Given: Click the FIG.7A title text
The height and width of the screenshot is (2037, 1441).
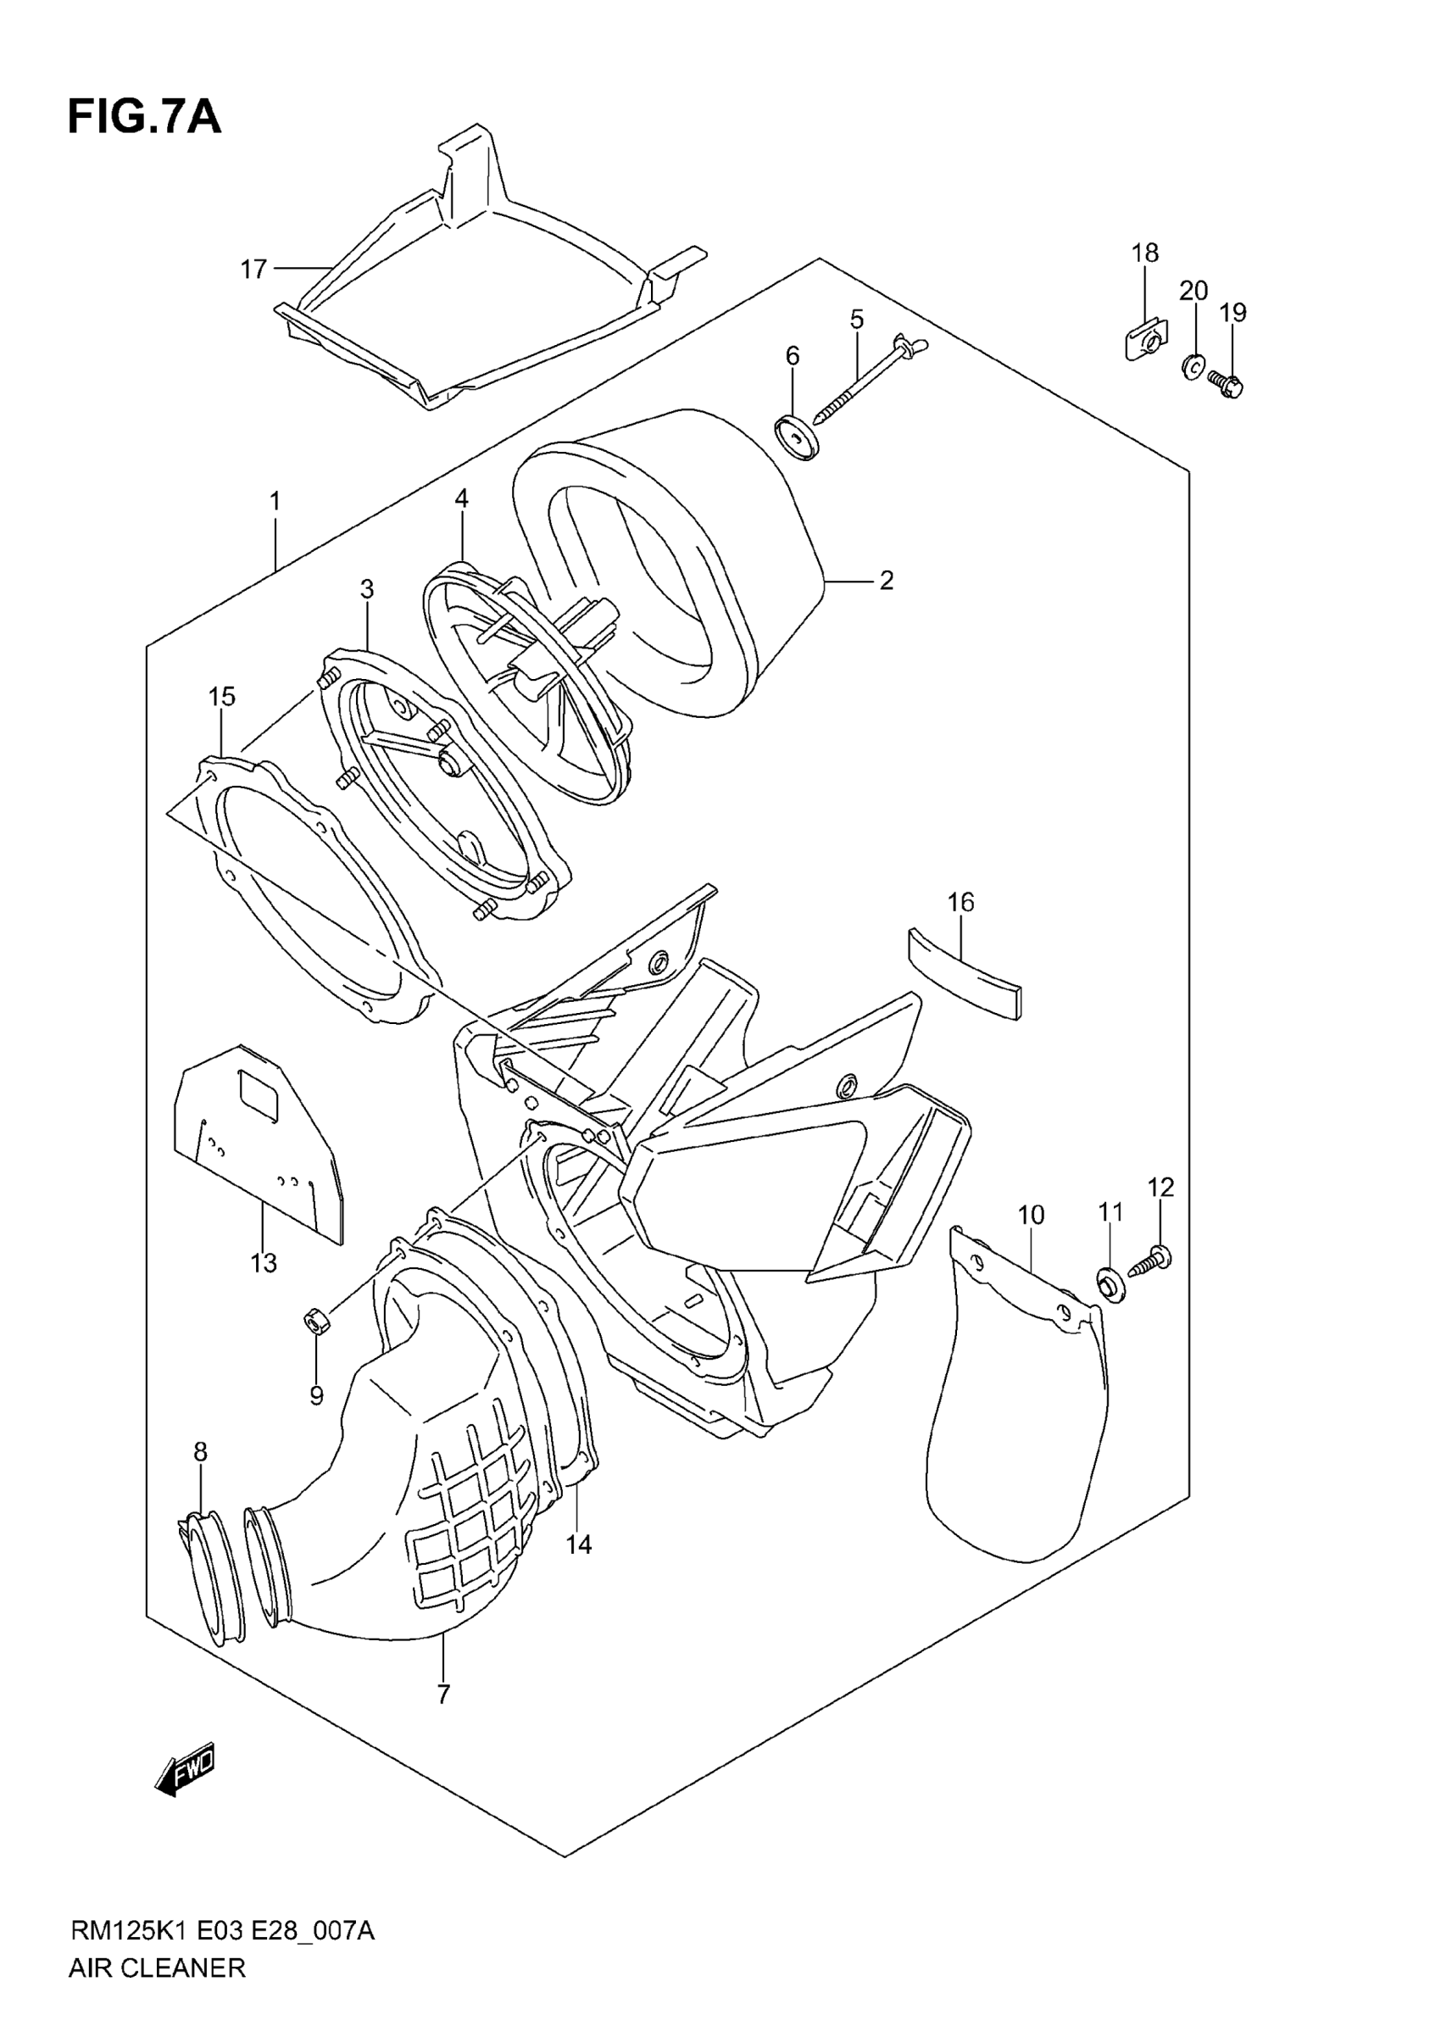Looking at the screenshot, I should point(144,117).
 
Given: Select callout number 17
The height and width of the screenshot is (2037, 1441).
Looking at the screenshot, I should point(253,268).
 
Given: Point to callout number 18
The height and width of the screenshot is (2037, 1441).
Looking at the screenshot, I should point(1144,253).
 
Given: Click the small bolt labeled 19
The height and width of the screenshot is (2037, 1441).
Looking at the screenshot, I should point(1227,384).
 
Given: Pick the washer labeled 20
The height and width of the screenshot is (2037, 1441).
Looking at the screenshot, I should point(1193,363).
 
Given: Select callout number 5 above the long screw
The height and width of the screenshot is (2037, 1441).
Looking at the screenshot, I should point(856,319).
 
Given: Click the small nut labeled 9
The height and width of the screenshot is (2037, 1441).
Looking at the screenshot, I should point(315,1325).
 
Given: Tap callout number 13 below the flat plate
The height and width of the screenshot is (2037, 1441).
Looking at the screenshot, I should point(264,1262).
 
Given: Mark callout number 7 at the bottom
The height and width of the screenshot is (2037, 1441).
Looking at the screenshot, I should point(443,1695).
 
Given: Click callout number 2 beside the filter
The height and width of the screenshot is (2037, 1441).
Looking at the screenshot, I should point(886,580).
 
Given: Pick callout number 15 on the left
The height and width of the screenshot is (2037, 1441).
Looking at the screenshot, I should point(222,697).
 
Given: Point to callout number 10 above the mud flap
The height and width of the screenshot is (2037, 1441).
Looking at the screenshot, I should point(1030,1215).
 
